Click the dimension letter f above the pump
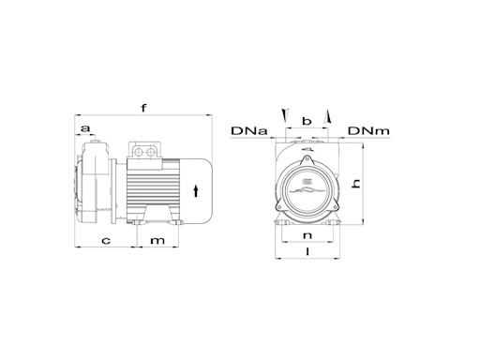[x=142, y=108]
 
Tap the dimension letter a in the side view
[x=86, y=127]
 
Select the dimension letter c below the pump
[x=106, y=241]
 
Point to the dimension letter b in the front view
[x=307, y=123]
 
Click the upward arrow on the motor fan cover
[x=195, y=191]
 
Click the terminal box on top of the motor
[x=146, y=152]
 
